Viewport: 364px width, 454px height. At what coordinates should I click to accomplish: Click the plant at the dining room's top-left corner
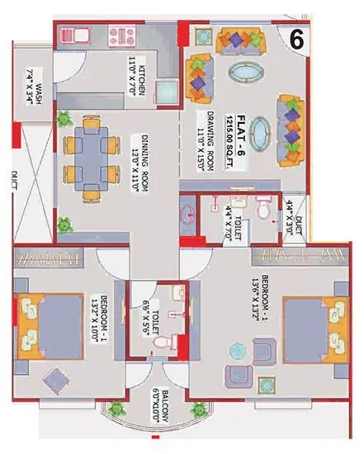pos(64,119)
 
